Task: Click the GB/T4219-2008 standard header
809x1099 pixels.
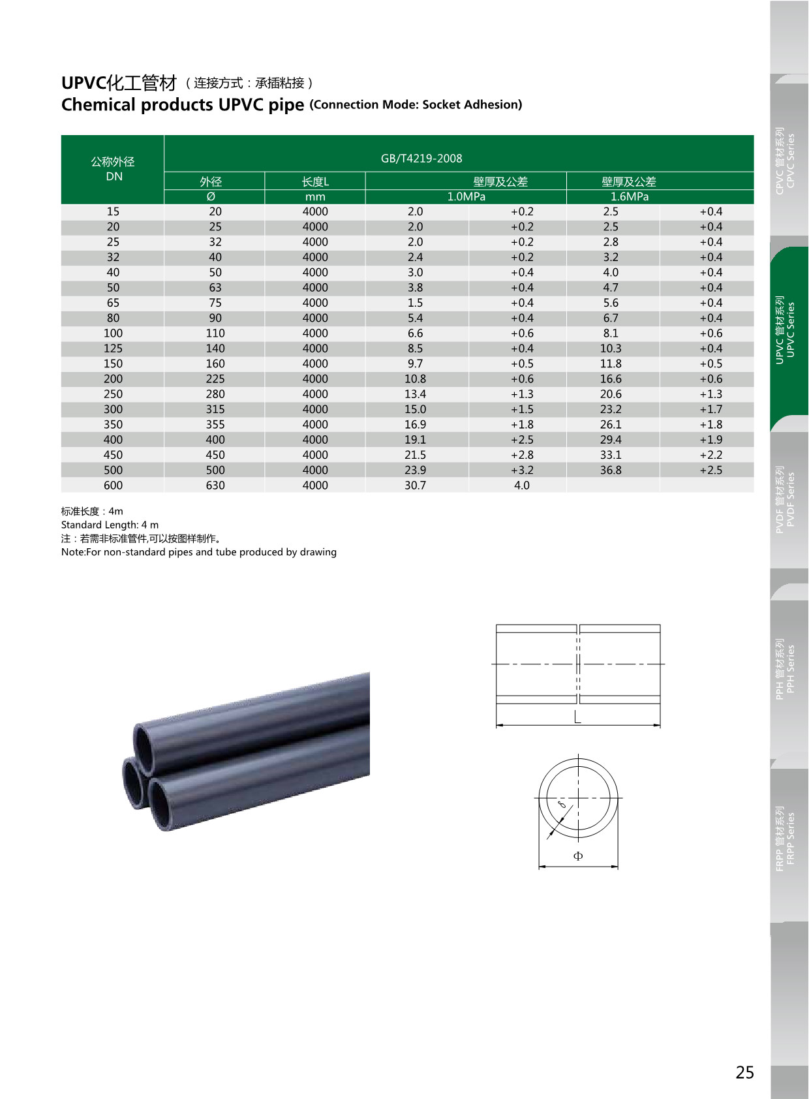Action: point(421,159)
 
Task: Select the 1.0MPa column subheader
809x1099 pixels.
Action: point(466,196)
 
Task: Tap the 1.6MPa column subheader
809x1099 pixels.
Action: point(629,196)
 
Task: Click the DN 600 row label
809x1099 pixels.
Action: point(113,486)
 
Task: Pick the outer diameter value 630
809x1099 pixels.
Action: point(215,486)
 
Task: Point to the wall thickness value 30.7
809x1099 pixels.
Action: point(415,486)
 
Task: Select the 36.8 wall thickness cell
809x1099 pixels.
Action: point(611,470)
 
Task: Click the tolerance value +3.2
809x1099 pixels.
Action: point(522,470)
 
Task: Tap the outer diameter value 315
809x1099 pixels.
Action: point(215,409)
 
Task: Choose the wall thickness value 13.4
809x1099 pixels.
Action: point(415,394)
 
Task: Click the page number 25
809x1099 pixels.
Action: point(744,1072)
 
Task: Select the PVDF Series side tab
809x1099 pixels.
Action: point(786,499)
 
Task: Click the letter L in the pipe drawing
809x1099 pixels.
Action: point(577,717)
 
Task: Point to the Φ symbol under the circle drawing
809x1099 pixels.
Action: point(578,856)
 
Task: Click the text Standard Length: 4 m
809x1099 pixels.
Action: point(110,525)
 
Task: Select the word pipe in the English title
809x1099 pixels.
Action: point(286,105)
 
